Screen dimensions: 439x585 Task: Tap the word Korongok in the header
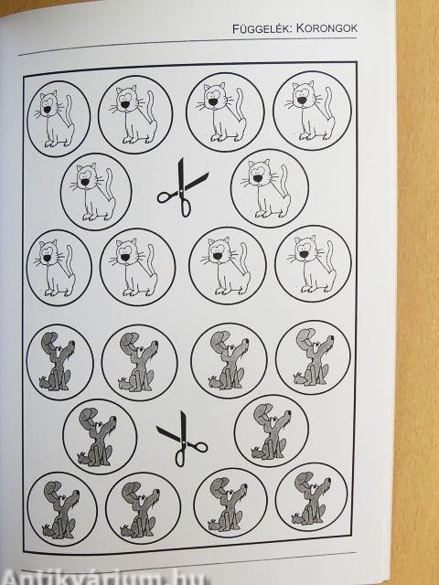click(x=327, y=28)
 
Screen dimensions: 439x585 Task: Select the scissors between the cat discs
click(x=183, y=187)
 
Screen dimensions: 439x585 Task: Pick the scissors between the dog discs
click(x=182, y=439)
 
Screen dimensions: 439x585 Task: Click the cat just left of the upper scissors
click(x=94, y=192)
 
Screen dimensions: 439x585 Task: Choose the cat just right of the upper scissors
click(x=266, y=189)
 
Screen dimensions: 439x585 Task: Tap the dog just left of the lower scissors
click(x=97, y=437)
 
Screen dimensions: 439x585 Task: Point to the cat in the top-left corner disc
click(x=55, y=119)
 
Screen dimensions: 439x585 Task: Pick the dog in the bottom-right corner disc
click(x=311, y=498)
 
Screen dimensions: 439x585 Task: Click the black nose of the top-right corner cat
click(x=301, y=101)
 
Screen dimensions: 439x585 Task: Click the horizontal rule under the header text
click(x=187, y=47)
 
